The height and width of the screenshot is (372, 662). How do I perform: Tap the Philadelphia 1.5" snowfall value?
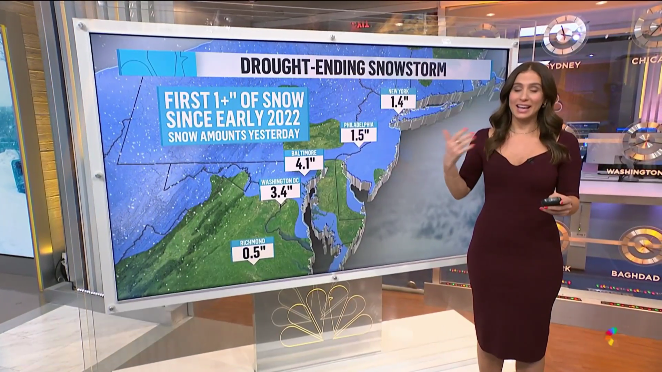358,135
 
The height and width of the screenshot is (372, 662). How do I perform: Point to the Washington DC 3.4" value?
279,192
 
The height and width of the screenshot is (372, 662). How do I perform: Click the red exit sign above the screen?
360,25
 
